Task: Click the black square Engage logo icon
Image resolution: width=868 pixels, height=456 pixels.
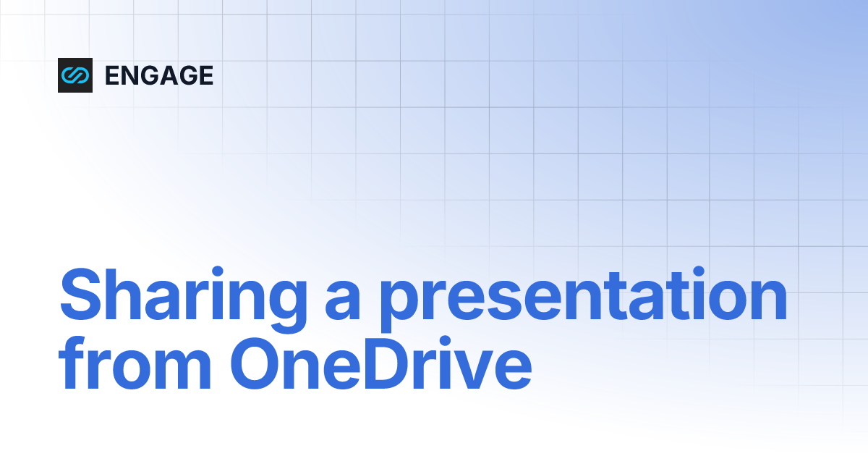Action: (75, 75)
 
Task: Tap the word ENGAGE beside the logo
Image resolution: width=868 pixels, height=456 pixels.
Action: (159, 75)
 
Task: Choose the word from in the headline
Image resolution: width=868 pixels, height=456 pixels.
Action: (137, 368)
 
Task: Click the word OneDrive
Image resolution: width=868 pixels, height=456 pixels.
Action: (382, 368)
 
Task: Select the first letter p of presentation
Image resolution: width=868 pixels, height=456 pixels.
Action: (399, 311)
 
